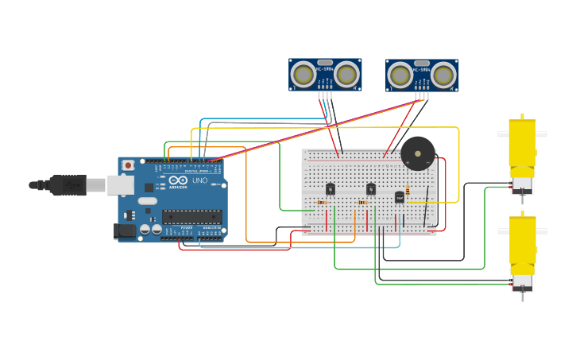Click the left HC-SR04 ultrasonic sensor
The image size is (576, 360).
tap(324, 75)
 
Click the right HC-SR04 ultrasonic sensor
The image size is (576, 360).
tap(422, 75)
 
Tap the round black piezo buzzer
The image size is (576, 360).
tap(417, 153)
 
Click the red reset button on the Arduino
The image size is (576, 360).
tap(127, 165)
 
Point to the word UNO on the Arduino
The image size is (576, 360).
tap(199, 180)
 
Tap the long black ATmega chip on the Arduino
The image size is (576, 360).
tap(192, 216)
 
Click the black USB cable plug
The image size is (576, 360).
tap(68, 185)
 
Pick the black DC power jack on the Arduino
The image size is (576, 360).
tap(124, 230)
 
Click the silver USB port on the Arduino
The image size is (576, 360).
tap(120, 184)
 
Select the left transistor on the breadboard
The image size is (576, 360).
tap(330, 189)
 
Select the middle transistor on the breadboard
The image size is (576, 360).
tap(370, 189)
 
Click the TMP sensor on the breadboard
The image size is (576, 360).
tap(399, 196)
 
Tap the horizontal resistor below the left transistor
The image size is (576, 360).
tap(322, 203)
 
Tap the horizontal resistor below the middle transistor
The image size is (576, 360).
tap(362, 203)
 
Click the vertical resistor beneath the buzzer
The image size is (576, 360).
tap(408, 190)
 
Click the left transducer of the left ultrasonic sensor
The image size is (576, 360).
tap(303, 75)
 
